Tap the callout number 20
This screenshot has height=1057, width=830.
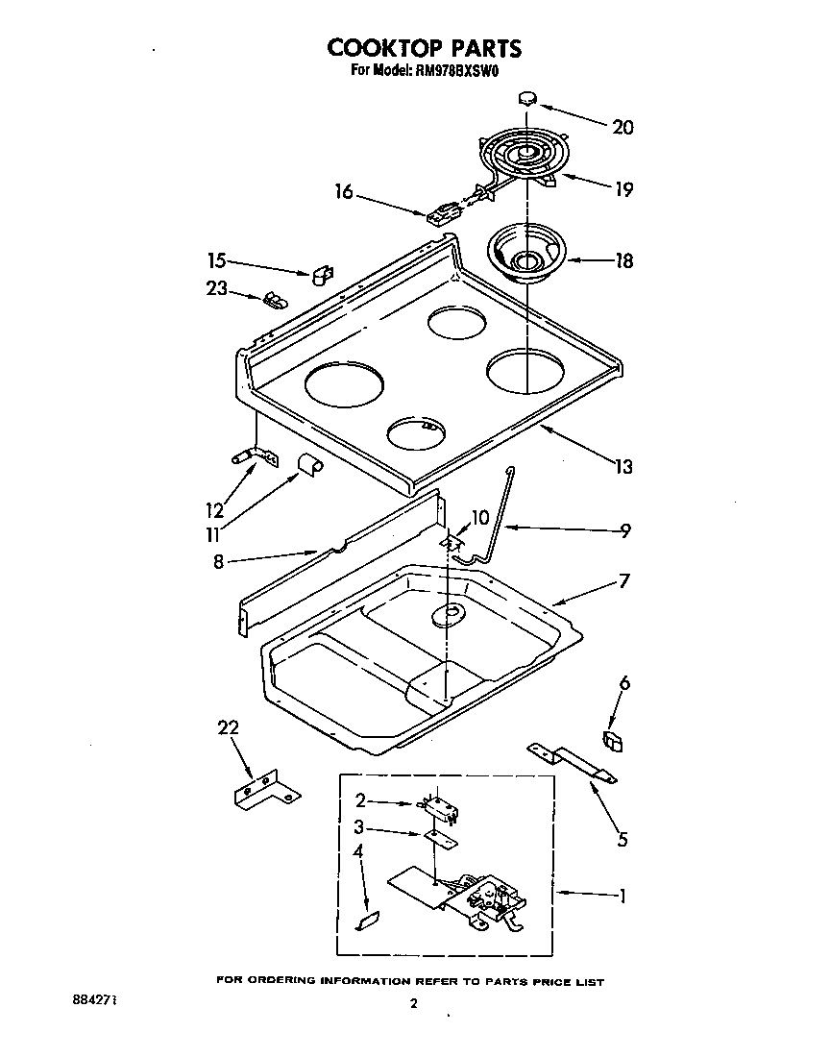coord(622,127)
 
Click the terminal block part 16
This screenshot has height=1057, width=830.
coord(442,212)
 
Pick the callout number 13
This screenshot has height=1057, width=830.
coord(623,467)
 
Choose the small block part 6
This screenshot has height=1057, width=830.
coord(611,740)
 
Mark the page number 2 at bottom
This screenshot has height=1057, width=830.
coord(413,1005)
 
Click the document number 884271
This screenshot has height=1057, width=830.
coord(94,999)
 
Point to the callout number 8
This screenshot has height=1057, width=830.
coord(218,563)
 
